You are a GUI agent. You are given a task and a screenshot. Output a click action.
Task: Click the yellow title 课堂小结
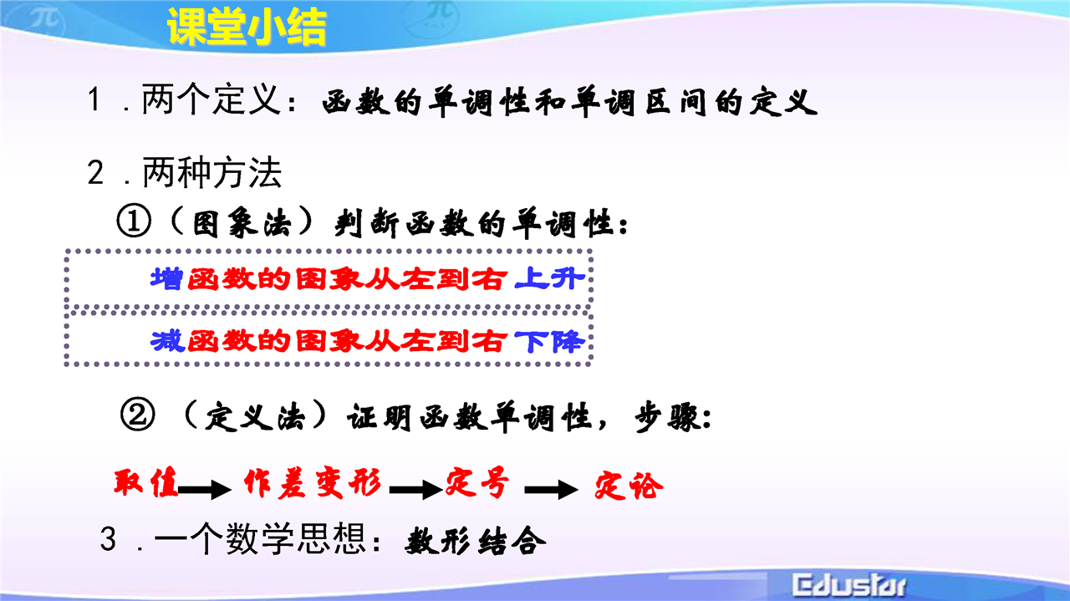pos(247,28)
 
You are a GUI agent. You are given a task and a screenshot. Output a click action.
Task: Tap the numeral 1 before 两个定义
pos(94,99)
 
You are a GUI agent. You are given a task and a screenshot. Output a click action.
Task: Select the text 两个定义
pos(211,99)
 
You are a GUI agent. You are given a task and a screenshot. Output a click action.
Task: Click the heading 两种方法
pos(212,172)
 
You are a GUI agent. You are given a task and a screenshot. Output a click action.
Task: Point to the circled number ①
pos(134,222)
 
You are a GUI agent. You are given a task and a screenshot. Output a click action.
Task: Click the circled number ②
pos(138,415)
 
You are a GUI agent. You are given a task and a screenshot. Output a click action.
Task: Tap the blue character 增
pos(166,278)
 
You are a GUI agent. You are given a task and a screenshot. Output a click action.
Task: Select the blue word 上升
pos(549,278)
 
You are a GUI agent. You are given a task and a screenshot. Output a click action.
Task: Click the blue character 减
pos(167,341)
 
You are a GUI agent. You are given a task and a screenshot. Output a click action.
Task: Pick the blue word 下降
pos(549,341)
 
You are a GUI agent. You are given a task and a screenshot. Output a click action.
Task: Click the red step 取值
pos(145,482)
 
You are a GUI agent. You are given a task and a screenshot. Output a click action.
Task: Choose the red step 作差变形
pos(313,483)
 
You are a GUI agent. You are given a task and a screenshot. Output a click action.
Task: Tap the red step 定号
pos(476,483)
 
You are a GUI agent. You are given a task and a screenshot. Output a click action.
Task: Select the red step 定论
pos(629,486)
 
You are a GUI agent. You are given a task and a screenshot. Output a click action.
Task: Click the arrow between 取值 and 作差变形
pos(205,490)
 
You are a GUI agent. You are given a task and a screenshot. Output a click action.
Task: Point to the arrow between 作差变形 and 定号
pos(415,490)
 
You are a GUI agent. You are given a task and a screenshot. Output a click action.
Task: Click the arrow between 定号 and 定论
pos(551,490)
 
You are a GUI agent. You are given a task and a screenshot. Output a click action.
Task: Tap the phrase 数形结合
pos(476,542)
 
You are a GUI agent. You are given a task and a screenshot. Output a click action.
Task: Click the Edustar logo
pos(848,585)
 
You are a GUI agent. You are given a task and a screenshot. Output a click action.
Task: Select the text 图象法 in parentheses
pos(242,223)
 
